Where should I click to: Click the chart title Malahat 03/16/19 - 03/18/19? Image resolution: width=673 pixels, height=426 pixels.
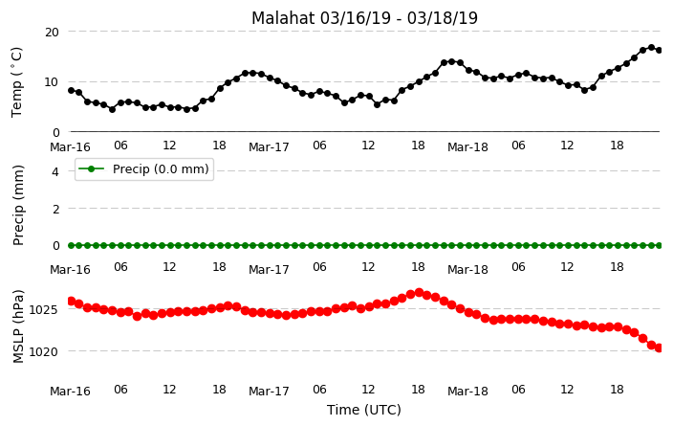[364, 18]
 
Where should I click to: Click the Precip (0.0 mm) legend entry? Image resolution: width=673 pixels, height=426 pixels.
[143, 168]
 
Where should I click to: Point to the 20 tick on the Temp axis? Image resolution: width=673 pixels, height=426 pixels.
[52, 32]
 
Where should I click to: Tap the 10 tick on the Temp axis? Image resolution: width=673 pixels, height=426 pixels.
[52, 81]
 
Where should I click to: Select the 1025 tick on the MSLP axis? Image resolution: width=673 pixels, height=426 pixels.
[43, 309]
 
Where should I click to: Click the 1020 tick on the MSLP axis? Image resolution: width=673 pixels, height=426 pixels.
[43, 351]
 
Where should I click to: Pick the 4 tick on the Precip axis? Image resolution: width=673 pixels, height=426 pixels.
[55, 172]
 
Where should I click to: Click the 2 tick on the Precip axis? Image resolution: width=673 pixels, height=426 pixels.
[55, 209]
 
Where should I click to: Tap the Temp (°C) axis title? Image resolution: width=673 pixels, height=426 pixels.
[17, 82]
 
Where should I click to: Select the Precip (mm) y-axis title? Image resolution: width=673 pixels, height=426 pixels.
[17, 206]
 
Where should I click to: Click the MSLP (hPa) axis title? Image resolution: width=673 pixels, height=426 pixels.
[17, 326]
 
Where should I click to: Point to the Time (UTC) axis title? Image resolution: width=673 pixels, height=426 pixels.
[364, 410]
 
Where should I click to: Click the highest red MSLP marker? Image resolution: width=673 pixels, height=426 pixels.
[419, 293]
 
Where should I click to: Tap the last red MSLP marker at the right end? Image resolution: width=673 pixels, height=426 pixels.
[660, 348]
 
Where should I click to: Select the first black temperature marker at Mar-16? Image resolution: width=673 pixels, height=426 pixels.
[72, 90]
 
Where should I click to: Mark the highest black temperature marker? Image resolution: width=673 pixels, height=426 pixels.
[651, 48]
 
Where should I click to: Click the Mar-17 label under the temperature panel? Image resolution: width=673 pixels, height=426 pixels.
[270, 147]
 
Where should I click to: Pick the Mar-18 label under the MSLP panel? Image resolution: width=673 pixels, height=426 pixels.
[467, 392]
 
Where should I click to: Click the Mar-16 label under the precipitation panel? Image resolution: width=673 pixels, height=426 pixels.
[70, 270]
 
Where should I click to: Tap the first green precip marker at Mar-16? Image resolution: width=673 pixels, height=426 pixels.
[72, 245]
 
